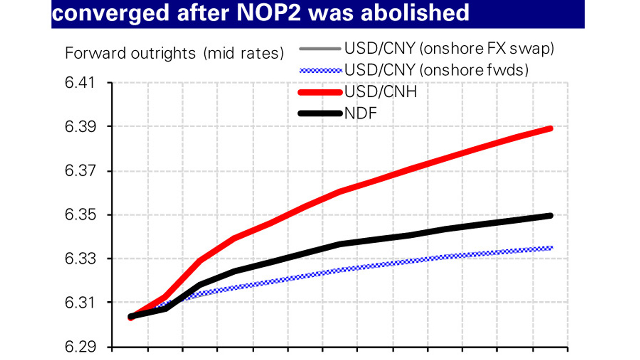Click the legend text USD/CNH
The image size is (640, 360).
click(380, 92)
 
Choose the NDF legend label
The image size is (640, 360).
click(360, 114)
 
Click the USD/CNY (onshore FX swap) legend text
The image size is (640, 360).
click(449, 49)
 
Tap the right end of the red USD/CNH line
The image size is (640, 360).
click(551, 128)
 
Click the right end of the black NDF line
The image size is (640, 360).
click(551, 216)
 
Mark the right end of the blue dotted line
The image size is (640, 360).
click(551, 248)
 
